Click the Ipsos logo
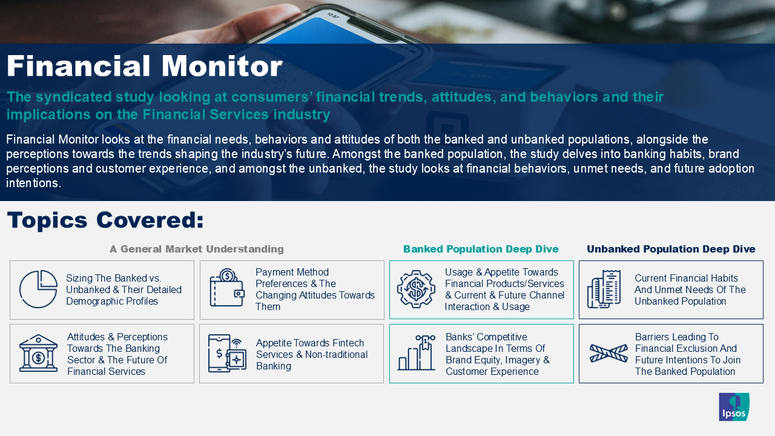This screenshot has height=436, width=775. [x=734, y=406]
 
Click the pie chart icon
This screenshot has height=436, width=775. [x=38, y=289]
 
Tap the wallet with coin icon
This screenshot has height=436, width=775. [x=227, y=288]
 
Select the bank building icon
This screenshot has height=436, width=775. [x=38, y=353]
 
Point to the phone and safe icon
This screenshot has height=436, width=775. [x=227, y=353]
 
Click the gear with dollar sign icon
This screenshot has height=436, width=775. [x=416, y=289]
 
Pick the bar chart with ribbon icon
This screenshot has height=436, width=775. [x=416, y=352]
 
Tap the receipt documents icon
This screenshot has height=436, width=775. [x=604, y=289]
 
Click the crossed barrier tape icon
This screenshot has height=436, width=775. [x=608, y=353]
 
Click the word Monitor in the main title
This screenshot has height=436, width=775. [x=222, y=66]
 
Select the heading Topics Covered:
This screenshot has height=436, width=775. [x=105, y=220]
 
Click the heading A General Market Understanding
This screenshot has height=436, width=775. [x=197, y=249]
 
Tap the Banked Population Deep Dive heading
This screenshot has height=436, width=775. [x=481, y=249]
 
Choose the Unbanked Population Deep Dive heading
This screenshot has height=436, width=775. [x=671, y=249]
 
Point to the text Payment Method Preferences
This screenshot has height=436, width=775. [x=292, y=278]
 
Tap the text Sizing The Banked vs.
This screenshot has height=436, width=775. [x=113, y=278]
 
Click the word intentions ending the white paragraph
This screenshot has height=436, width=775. [x=33, y=183]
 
